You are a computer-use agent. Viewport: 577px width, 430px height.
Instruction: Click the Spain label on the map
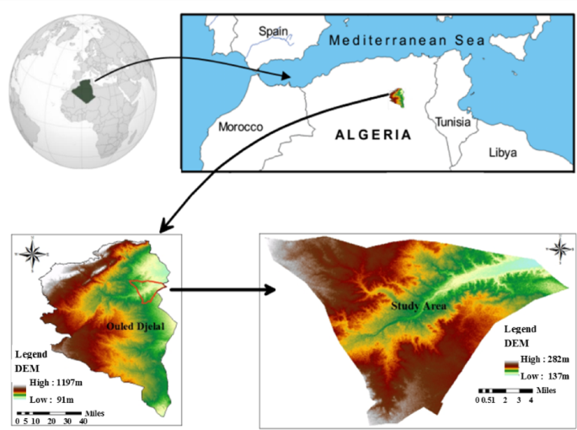pos(274,30)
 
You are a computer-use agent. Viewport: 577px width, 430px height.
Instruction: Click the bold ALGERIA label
pos(372,134)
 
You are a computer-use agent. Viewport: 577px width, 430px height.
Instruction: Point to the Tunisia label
pos(456,123)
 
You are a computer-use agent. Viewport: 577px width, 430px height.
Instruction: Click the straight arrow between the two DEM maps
pos(222,290)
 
